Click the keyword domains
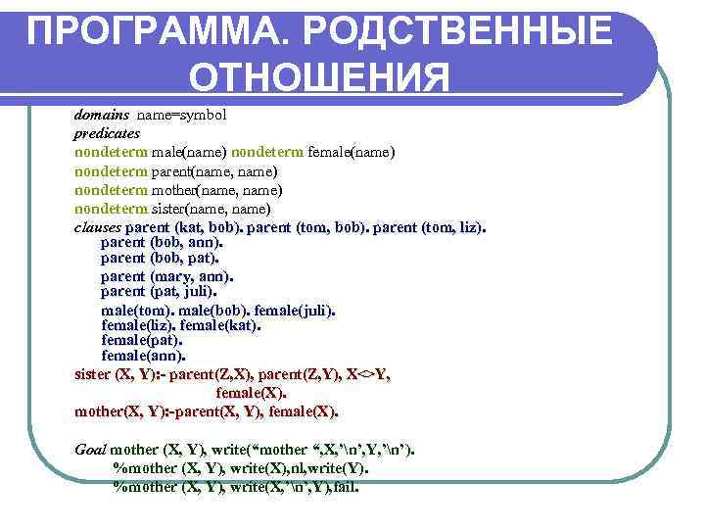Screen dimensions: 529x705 click(x=102, y=115)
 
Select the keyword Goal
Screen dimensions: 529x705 click(x=90, y=450)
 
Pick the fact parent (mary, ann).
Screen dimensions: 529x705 click(x=166, y=275)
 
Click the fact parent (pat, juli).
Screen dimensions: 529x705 click(x=159, y=291)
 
